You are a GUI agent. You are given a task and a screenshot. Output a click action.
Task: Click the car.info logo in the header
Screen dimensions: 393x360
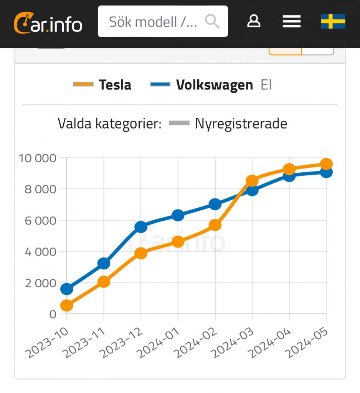click(x=48, y=23)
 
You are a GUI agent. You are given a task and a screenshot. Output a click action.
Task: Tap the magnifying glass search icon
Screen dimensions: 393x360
click(x=212, y=21)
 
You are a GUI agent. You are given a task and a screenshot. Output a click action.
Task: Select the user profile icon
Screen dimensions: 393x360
click(x=254, y=21)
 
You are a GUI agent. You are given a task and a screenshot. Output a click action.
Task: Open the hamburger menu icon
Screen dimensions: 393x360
click(x=292, y=21)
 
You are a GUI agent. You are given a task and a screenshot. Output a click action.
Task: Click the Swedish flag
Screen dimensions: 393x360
click(x=333, y=21)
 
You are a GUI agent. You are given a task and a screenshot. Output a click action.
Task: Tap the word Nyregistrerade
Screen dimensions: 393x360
click(x=241, y=124)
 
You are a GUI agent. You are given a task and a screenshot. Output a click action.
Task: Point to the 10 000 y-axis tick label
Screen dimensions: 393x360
click(x=38, y=158)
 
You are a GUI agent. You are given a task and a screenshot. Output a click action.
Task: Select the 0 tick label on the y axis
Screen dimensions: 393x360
click(x=53, y=314)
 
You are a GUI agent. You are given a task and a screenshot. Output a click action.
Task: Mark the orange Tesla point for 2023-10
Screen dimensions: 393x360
click(x=67, y=305)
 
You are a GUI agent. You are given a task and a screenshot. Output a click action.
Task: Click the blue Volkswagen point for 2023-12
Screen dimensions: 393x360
click(x=141, y=227)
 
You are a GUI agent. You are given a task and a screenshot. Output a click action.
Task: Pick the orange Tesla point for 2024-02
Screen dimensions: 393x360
click(x=215, y=225)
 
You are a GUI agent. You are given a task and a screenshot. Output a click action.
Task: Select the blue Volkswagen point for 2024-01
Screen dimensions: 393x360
click(x=178, y=215)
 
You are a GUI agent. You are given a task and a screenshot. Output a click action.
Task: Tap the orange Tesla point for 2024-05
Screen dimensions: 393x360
click(x=326, y=164)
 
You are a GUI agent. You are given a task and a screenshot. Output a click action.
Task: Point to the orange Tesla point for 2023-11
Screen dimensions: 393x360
click(x=104, y=282)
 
